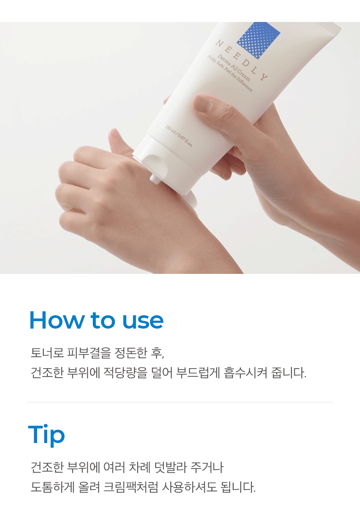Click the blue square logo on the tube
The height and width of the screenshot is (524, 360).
pos(258,40)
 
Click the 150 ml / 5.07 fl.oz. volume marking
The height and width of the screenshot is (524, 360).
pos(179,136)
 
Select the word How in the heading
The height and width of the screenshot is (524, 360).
pos(57,320)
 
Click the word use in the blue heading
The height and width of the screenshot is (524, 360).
pos(143,321)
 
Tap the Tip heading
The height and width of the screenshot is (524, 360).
pos(46,435)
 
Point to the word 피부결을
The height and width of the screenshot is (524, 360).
pos(89,352)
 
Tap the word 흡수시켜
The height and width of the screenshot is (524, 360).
pos(246,372)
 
